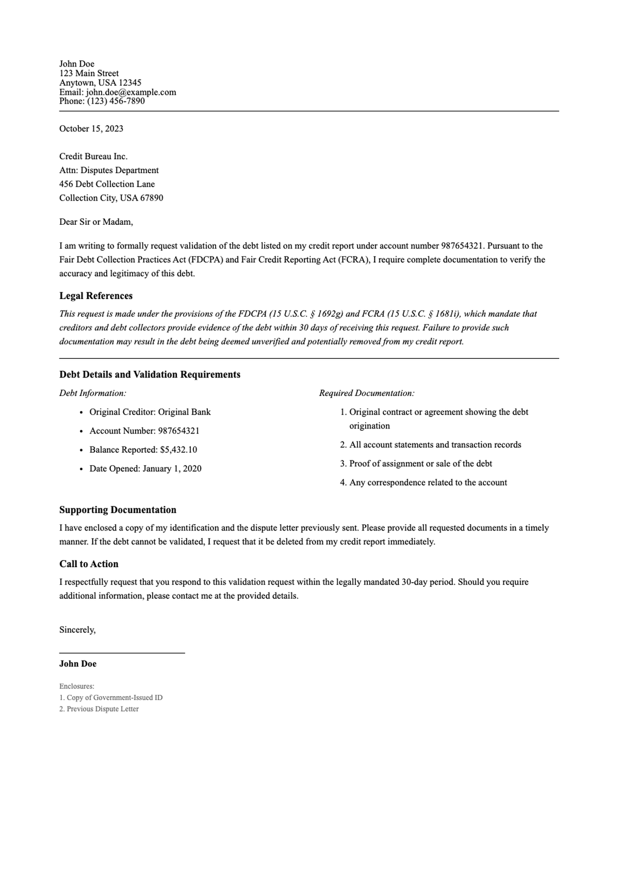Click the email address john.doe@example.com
131,92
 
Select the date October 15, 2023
91,129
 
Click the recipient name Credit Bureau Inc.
93,156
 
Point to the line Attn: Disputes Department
109,170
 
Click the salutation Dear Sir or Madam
96,222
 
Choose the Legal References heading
96,296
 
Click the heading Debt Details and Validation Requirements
150,375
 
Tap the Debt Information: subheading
93,393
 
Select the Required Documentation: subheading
367,393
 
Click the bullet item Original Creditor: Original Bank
150,412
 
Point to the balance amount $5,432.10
178,450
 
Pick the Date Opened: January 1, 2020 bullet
145,469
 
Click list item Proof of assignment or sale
420,464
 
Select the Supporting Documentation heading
118,510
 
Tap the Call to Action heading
89,564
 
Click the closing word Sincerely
77,630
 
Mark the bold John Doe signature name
78,664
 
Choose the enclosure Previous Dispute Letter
103,709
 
